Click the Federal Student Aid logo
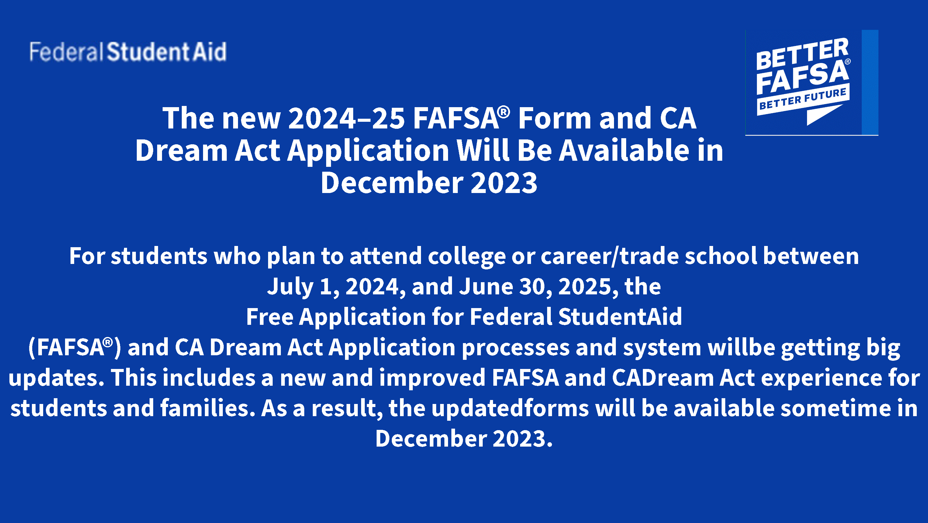coord(128,51)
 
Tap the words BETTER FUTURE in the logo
coord(803,99)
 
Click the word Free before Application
coord(270,317)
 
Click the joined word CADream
coord(663,378)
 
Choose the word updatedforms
coord(510,408)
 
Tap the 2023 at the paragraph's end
coord(522,439)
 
